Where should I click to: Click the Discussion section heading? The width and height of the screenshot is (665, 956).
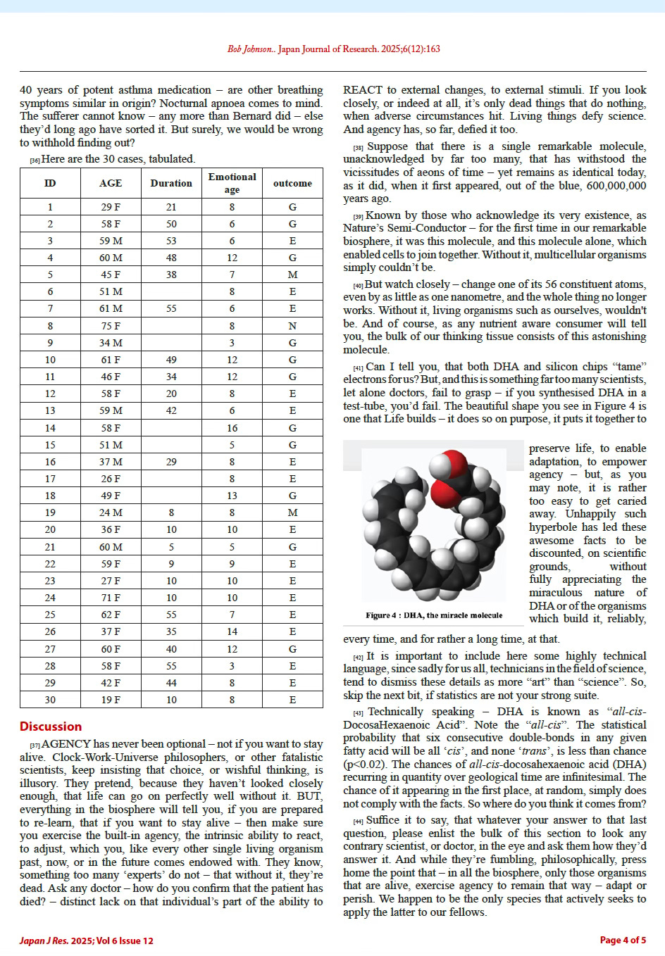point(51,727)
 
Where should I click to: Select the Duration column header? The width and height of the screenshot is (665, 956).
point(171,183)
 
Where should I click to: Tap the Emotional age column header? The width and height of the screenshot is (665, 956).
point(232,183)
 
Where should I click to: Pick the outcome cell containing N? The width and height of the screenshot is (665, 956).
point(292,326)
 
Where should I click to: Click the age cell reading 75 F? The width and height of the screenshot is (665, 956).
point(110,326)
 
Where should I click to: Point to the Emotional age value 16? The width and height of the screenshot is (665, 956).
point(232,428)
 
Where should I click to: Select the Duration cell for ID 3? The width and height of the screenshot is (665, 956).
point(171,241)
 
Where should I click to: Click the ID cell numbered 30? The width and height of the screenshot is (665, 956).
point(50,700)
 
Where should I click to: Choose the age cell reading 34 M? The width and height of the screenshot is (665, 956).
point(110,343)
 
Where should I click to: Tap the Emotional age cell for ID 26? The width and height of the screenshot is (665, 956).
point(232,631)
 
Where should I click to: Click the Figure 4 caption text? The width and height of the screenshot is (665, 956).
point(434,615)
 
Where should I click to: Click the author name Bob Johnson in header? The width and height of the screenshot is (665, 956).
point(250,49)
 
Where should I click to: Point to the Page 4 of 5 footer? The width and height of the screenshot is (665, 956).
point(622,940)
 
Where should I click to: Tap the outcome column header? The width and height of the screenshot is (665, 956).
point(292,183)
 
